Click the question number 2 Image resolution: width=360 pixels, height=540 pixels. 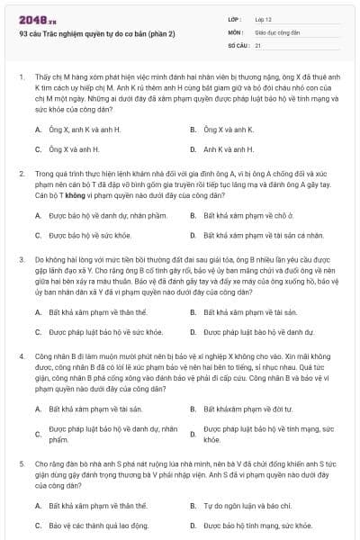pyautogui.click(x=21, y=171)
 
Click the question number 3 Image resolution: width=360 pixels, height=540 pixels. pyautogui.click(x=21, y=258)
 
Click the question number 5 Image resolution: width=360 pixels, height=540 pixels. pyautogui.click(x=21, y=463)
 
